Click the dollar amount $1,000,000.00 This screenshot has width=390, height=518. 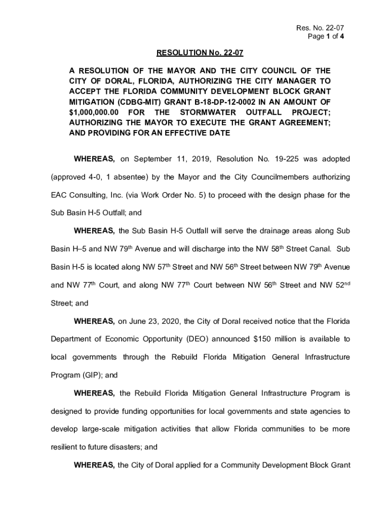tap(94, 112)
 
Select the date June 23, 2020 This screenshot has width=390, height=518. tap(159, 321)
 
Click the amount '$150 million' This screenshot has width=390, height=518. tap(274, 339)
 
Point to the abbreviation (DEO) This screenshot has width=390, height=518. tap(198, 339)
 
